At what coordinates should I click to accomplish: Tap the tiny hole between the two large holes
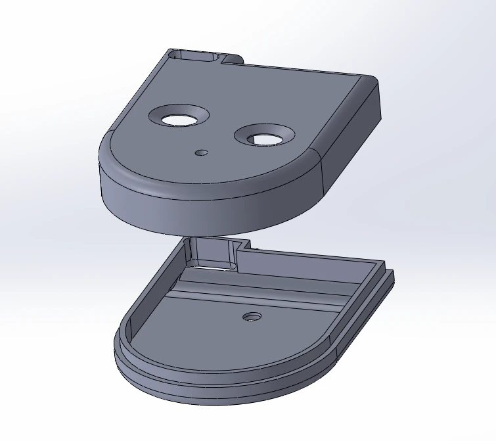(x=202, y=152)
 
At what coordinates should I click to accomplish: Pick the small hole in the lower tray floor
(x=251, y=317)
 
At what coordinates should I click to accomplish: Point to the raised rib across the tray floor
(x=263, y=292)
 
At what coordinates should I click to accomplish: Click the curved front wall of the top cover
(x=197, y=210)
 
